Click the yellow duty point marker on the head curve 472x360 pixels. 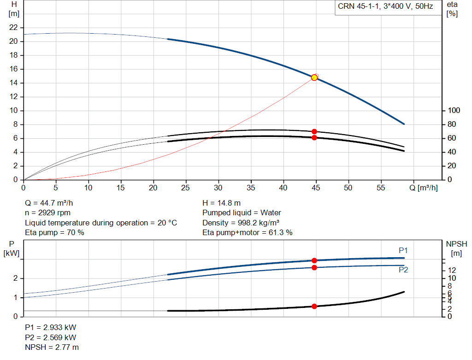pos(314,77)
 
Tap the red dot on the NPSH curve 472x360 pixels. pos(314,307)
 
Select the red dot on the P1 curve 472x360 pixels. pos(314,260)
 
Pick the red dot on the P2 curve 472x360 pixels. pos(314,268)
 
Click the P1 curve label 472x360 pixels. pos(403,250)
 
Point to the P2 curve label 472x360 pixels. pos(403,270)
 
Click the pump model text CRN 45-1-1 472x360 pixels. pos(358,6)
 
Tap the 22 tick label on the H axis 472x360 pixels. pos(13,27)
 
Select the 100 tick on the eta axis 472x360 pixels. pos(454,111)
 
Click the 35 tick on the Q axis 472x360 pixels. pos(251,188)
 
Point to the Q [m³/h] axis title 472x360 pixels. pos(423,188)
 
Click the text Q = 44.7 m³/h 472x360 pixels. pos(49,203)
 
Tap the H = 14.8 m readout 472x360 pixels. pos(222,203)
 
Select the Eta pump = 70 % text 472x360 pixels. pos(54,233)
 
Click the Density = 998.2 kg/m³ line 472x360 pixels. pos(241,223)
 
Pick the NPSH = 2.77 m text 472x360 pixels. pos(52,348)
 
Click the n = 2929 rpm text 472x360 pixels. pos(47,213)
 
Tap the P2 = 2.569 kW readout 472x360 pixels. pos(51,337)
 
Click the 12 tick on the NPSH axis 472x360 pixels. pos(452,270)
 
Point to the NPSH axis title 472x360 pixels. pos(456,248)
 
